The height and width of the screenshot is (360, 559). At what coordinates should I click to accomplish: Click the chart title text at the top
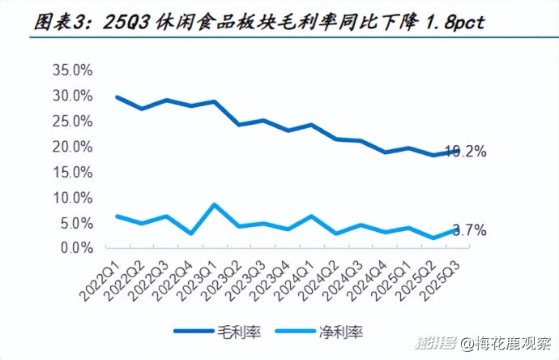tap(260, 22)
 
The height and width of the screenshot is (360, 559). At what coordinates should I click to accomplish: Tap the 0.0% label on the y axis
tap(78, 248)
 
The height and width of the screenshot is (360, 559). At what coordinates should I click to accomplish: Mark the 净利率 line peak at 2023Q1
tap(213, 204)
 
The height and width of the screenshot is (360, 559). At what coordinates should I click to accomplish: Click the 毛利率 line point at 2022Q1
tap(117, 97)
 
